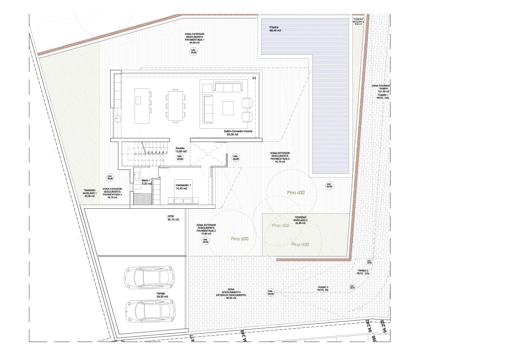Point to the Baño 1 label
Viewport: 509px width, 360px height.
pyautogui.click(x=146, y=182)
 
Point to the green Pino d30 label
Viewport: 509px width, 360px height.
pyautogui.click(x=300, y=245)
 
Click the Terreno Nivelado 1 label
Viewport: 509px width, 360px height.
pyautogui.click(x=89, y=193)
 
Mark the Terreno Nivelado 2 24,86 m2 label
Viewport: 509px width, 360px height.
pyautogui.click(x=301, y=220)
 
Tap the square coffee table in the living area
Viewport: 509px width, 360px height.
pyautogui.click(x=229, y=108)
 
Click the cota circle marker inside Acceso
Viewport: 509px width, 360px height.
pyautogui.click(x=180, y=157)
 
